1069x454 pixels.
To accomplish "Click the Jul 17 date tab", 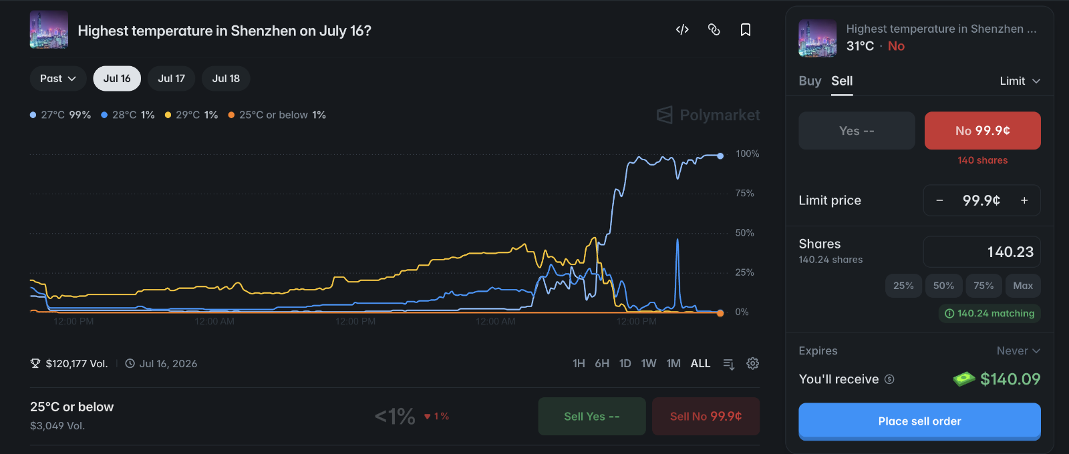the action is coord(171,78).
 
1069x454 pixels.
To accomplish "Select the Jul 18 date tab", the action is coord(226,78).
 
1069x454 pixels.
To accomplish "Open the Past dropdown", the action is coord(57,78).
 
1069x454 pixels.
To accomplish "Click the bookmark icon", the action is coord(746,30).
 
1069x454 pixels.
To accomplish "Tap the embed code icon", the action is coord(682,29).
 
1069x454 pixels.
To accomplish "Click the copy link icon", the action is coord(714,29).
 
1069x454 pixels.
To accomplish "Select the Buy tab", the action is coord(810,81).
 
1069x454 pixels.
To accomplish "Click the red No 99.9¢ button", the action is coord(983,131).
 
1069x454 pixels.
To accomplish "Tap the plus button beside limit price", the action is coord(1024,200).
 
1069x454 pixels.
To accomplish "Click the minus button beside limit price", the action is coord(939,200).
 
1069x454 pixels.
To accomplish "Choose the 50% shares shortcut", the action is coord(943,286).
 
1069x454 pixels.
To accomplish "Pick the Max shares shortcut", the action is coord(1023,286).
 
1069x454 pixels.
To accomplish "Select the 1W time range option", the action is coord(649,363).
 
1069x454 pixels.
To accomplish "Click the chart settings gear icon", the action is coord(752,363).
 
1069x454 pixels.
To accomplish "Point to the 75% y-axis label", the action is coord(744,193).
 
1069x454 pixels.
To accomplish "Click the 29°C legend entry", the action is coord(191,115).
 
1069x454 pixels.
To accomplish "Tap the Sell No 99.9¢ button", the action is coord(706,417).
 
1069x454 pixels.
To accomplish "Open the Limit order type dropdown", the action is coord(1020,81).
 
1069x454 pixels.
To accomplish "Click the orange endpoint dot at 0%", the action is coord(720,313).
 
